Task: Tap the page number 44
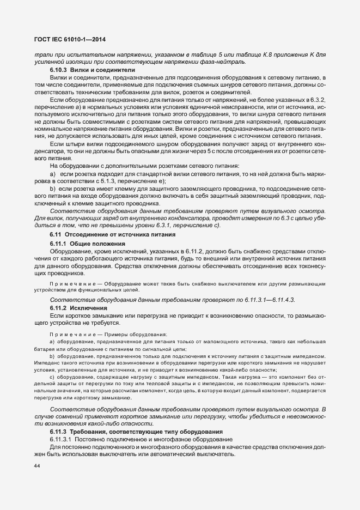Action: [x=38, y=466]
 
